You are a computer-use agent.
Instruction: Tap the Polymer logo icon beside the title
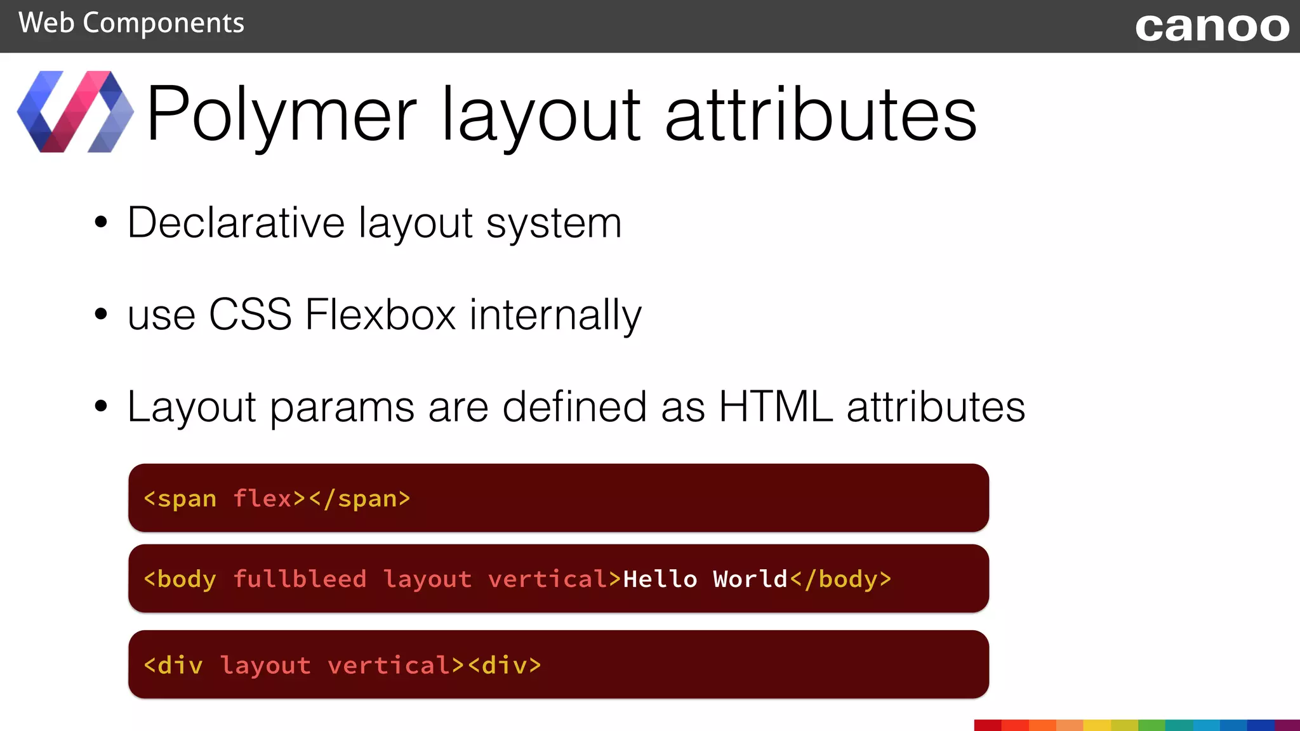76,112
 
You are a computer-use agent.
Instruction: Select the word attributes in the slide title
821,114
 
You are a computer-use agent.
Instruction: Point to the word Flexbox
380,314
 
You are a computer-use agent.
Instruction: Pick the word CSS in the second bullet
250,314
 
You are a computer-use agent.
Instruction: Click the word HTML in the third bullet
775,406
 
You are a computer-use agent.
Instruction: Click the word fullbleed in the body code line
300,579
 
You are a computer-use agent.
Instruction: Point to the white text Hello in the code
660,579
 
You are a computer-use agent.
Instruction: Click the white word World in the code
750,579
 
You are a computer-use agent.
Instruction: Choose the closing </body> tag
840,579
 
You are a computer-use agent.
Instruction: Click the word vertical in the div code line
388,666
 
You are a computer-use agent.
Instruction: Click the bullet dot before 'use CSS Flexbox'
101,314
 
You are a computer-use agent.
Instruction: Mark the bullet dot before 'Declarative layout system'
101,223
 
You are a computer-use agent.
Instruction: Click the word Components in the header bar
163,23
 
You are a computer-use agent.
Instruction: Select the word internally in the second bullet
555,314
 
